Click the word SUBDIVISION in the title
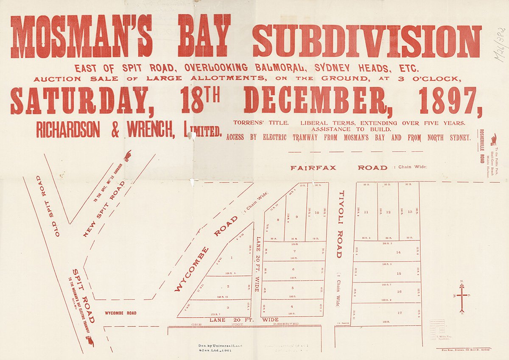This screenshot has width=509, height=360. (367, 41)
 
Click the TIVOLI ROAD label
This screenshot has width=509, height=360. (339, 224)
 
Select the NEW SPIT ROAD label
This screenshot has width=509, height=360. (104, 208)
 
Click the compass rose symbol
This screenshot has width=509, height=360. (462, 297)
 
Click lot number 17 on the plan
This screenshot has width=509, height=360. (399, 313)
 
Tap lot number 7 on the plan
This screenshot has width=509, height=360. (294, 251)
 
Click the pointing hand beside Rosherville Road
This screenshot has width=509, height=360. (493, 140)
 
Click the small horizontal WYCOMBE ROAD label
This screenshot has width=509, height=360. (121, 313)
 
